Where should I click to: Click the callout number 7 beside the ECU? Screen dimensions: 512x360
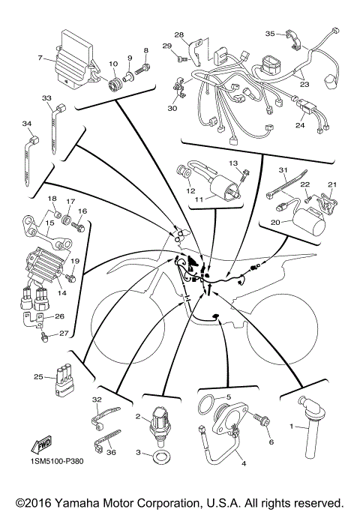coord(40,57)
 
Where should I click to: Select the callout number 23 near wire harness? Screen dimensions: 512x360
coord(304,84)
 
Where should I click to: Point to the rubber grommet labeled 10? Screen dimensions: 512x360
coord(115,81)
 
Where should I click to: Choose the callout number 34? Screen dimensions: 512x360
coord(26,124)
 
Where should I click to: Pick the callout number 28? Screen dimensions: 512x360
coord(179,35)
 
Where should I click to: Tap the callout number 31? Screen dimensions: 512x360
coord(283,171)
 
